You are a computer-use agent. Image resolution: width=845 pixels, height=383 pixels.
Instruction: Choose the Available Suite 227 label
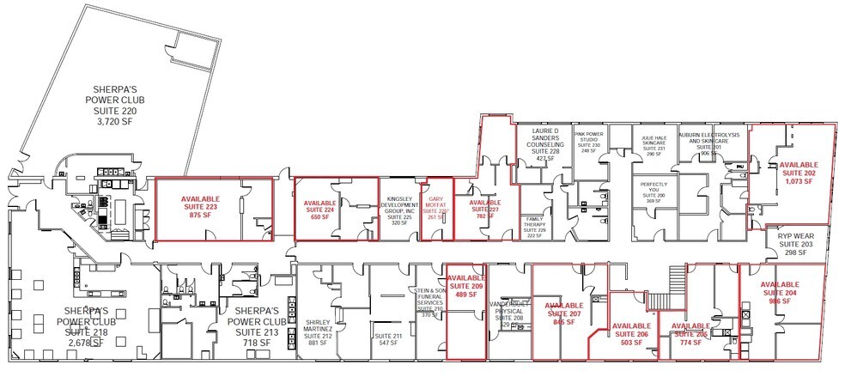point(485,210)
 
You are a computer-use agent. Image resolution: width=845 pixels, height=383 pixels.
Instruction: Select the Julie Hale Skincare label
point(654,144)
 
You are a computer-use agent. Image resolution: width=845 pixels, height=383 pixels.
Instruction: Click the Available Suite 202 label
point(798,173)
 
